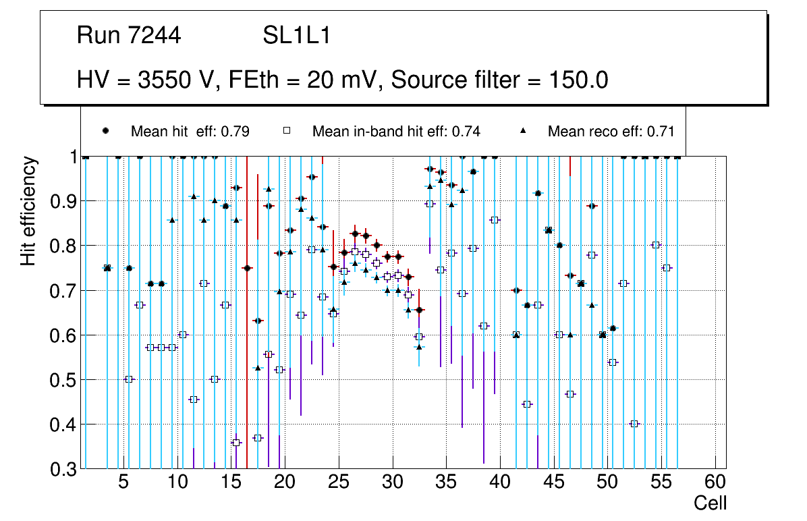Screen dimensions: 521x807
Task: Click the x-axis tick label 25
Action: point(338,483)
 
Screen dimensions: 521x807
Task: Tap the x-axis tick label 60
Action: point(715,483)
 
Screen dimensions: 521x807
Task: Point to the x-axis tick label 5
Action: point(123,483)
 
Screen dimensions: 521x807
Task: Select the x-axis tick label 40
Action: point(500,483)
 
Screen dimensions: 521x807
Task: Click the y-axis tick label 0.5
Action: point(63,380)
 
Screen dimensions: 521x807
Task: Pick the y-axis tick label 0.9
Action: point(63,201)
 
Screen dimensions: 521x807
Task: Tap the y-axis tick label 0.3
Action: point(63,469)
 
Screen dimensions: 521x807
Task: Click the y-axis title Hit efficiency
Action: point(28,211)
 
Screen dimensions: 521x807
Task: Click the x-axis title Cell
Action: point(711,503)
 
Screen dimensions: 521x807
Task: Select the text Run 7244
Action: point(129,36)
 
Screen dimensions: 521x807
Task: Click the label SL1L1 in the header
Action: point(297,36)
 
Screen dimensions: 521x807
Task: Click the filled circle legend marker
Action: point(105,131)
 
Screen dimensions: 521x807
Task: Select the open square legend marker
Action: point(287,131)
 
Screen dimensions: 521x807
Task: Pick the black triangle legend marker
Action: point(524,131)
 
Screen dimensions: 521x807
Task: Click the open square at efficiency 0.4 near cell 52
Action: point(634,424)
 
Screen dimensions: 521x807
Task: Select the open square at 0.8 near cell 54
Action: point(655,245)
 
